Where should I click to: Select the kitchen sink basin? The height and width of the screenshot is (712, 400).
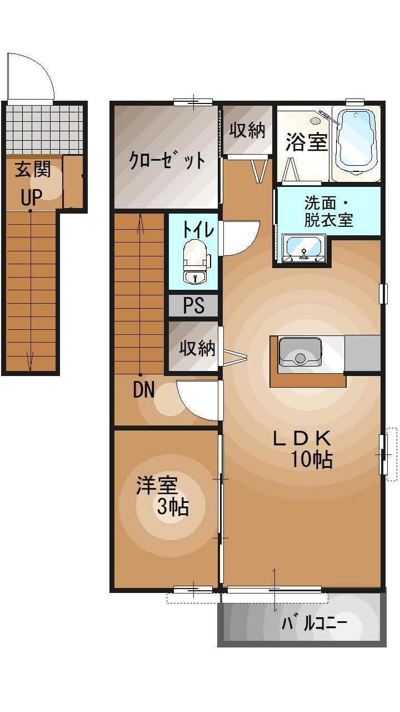(x=300, y=353)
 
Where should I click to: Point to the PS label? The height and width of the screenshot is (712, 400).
(x=193, y=305)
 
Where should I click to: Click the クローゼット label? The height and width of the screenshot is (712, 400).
(x=167, y=160)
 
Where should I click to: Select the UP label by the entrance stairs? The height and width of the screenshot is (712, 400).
(x=32, y=197)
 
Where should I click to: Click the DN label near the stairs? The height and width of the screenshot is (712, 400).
(x=144, y=390)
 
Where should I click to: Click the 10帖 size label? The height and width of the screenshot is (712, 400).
(x=311, y=459)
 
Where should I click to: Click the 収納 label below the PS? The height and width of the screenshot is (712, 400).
(x=197, y=348)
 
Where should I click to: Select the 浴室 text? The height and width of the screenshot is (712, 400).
(x=306, y=142)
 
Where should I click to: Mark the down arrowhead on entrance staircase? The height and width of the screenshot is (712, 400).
(x=30, y=364)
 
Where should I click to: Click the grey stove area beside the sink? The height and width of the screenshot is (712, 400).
(x=363, y=353)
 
